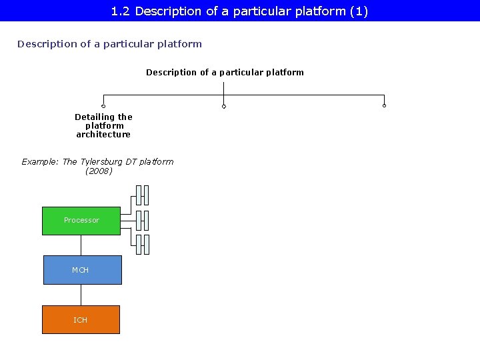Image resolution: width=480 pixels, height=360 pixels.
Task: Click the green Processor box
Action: (x=81, y=221)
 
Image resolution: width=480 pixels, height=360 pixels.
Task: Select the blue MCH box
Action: (x=82, y=270)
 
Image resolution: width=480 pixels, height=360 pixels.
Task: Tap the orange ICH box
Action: (x=81, y=320)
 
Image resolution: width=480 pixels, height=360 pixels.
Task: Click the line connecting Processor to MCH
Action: (x=81, y=245)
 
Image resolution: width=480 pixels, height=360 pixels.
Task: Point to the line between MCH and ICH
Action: (x=81, y=295)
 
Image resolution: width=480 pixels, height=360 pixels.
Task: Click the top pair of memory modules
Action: (x=142, y=195)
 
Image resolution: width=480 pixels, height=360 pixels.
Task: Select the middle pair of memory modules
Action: (x=142, y=220)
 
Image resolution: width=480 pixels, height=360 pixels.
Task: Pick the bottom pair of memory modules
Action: (x=142, y=245)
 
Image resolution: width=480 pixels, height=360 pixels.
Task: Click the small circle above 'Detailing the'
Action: (x=103, y=106)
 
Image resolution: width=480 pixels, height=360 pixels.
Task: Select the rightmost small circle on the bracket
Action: (x=385, y=105)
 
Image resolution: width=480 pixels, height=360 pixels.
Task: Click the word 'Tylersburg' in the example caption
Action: (x=101, y=162)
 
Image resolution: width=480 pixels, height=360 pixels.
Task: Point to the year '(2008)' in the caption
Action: (x=99, y=171)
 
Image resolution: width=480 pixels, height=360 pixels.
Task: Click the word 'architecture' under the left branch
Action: (x=103, y=135)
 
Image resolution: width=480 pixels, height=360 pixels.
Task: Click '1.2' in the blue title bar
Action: (x=121, y=11)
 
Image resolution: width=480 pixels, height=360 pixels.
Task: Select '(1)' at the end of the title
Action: (x=359, y=11)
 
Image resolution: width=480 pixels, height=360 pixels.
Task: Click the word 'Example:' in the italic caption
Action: (x=40, y=162)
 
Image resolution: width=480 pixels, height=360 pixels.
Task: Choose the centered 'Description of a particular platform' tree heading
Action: (x=225, y=73)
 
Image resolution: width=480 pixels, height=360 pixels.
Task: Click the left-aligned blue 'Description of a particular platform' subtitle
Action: (x=109, y=44)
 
